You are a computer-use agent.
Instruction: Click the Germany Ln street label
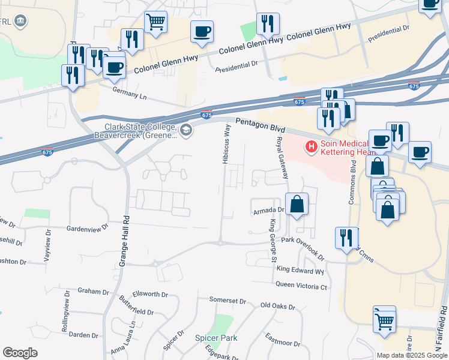click(x=130, y=92)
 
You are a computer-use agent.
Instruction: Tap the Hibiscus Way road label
click(x=226, y=144)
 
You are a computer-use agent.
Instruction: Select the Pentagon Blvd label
click(x=260, y=124)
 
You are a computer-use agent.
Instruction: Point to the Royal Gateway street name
click(x=282, y=158)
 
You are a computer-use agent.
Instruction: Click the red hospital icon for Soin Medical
click(x=311, y=146)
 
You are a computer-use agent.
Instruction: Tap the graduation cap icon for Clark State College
click(x=186, y=130)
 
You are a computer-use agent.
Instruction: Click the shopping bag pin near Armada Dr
click(x=297, y=205)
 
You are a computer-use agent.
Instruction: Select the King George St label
click(x=273, y=241)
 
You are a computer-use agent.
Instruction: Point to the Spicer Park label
click(x=216, y=338)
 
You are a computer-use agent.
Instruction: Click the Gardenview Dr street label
click(x=87, y=229)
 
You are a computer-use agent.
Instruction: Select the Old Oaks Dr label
click(x=278, y=306)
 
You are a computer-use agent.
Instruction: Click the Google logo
click(x=20, y=353)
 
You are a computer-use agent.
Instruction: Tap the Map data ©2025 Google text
click(x=412, y=355)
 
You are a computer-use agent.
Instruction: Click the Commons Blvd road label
click(x=353, y=183)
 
